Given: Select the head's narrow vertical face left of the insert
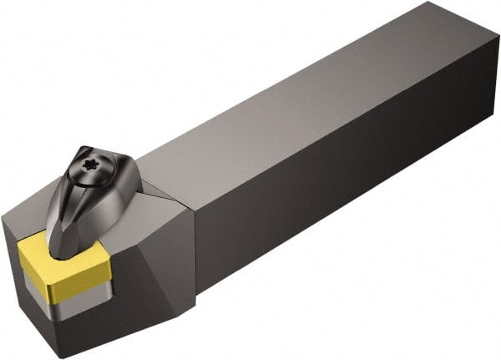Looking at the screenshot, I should click(12, 267).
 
